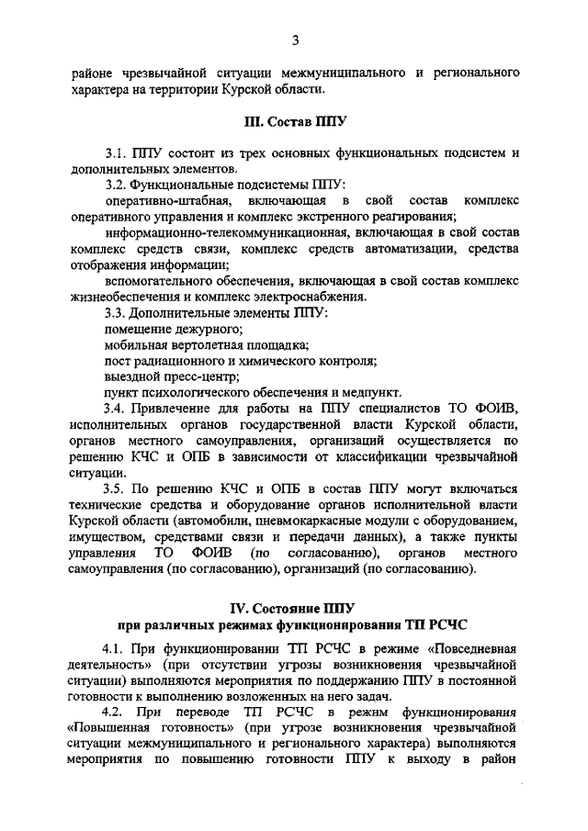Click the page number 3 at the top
point(295,39)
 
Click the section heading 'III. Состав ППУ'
point(294,120)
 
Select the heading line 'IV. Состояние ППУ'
point(294,609)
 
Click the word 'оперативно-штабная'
point(162,200)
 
